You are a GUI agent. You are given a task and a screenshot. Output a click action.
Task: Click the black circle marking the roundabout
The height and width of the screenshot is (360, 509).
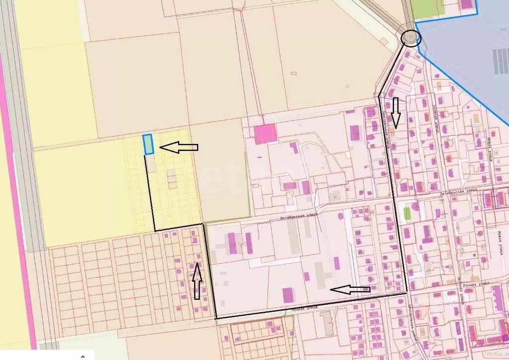410,38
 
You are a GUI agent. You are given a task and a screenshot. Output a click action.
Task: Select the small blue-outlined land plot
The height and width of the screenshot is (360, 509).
148,144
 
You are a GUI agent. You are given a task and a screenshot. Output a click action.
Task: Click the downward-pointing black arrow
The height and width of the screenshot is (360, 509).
396,112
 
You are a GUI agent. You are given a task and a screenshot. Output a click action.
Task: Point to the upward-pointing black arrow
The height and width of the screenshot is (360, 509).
197,281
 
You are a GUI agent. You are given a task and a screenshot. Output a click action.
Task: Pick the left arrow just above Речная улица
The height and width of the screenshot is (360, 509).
350,289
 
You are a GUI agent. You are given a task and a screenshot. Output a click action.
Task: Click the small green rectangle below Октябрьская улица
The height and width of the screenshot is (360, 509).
407,213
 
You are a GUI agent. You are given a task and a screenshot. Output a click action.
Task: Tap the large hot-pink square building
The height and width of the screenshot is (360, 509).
265,134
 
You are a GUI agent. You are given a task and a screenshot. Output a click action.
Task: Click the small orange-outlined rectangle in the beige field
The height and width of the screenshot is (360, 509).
294,73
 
